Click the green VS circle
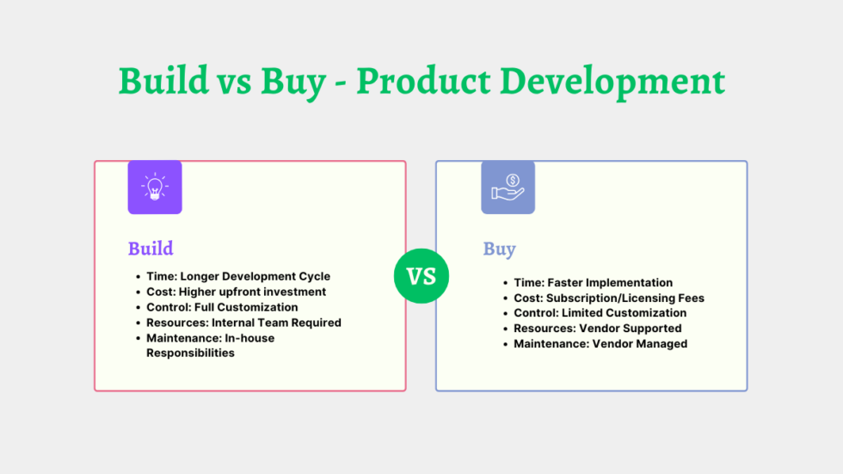pyautogui.click(x=421, y=276)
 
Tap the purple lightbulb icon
pyautogui.click(x=155, y=187)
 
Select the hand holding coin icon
pyautogui.click(x=508, y=187)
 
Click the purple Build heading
pyautogui.click(x=151, y=249)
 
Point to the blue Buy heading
pyautogui.click(x=499, y=249)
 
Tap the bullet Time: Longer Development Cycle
pyautogui.click(x=238, y=276)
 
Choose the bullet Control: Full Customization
pyautogui.click(x=222, y=307)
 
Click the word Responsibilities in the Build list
pyautogui.click(x=190, y=353)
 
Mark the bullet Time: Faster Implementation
pyautogui.click(x=593, y=282)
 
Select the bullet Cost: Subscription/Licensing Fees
pyautogui.click(x=608, y=298)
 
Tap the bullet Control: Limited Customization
pyautogui.click(x=600, y=313)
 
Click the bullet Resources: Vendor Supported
pyautogui.click(x=597, y=329)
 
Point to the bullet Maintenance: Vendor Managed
pyautogui.click(x=600, y=344)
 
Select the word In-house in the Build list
pyautogui.click(x=250, y=338)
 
